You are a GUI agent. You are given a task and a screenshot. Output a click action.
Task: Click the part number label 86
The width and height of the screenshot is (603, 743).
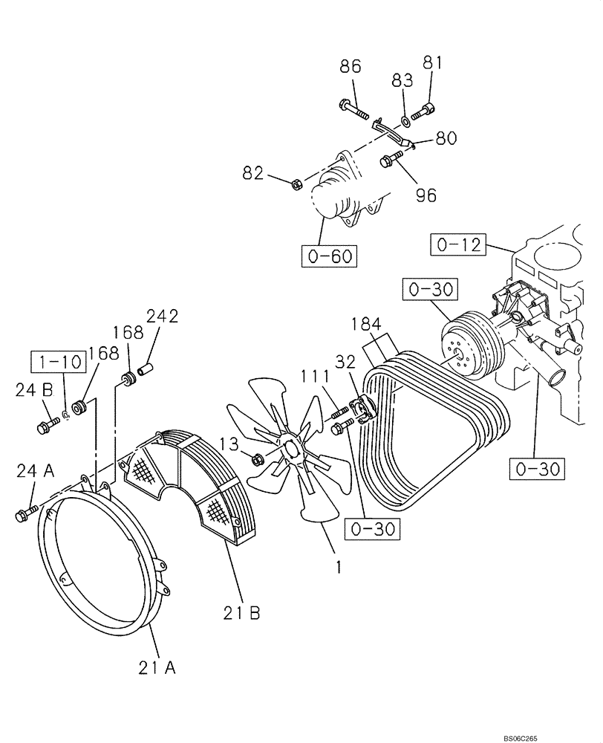(x=350, y=66)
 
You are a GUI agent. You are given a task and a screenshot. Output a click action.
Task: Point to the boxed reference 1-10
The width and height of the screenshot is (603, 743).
(x=53, y=362)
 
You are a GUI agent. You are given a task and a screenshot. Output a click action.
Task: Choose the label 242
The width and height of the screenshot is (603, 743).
(x=162, y=317)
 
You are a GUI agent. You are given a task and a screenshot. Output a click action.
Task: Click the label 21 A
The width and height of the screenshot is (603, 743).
(x=156, y=668)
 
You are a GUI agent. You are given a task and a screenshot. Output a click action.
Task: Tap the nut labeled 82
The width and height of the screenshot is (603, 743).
(x=295, y=182)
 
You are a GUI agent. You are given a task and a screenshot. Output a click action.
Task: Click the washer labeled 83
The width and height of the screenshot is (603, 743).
(x=402, y=120)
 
